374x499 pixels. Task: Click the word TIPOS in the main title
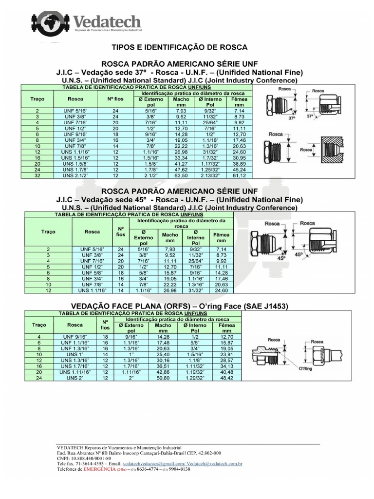(124, 47)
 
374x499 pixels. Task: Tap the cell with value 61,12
(239, 175)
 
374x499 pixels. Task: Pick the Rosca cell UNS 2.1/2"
(75, 175)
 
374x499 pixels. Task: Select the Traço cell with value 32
(37, 175)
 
